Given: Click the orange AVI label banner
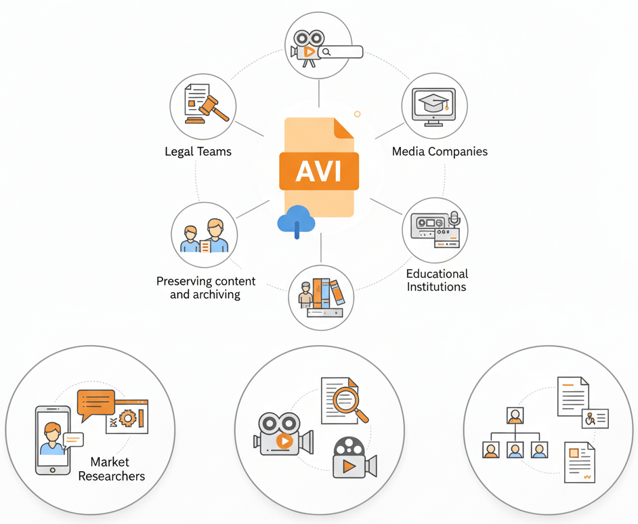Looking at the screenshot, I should [319, 171].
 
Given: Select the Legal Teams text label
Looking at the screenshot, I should [198, 152].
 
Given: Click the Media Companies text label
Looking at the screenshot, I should [440, 152].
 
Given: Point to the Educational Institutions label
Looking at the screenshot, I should [437, 280].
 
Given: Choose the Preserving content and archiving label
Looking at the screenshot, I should [206, 287].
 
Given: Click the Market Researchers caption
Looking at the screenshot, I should [111, 469].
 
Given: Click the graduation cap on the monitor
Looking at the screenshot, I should [433, 103].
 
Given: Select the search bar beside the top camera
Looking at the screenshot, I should [341, 52].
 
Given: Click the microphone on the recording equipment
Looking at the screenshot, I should [454, 218].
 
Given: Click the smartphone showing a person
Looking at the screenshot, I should [53, 439].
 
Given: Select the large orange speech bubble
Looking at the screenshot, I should [95, 402].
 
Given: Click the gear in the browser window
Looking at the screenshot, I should [127, 418].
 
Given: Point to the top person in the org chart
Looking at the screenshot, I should [515, 415].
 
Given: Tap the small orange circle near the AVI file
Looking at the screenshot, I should [357, 115].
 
